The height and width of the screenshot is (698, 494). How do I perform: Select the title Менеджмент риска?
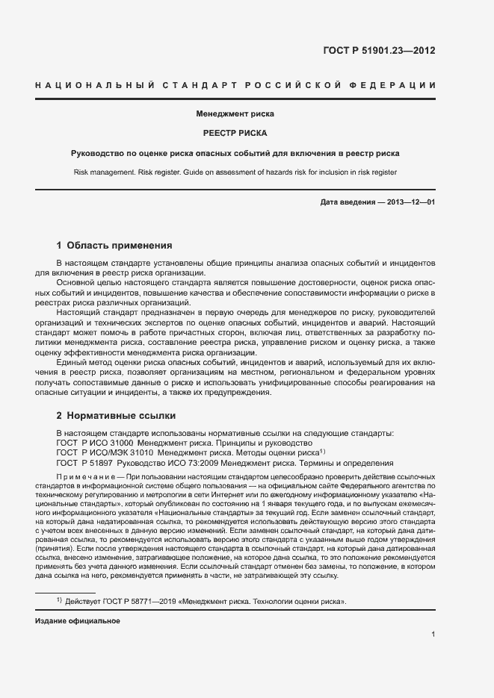235,115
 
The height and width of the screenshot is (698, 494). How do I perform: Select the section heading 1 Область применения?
114,245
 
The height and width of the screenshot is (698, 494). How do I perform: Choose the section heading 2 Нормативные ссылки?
116,415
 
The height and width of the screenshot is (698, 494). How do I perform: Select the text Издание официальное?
78,621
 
